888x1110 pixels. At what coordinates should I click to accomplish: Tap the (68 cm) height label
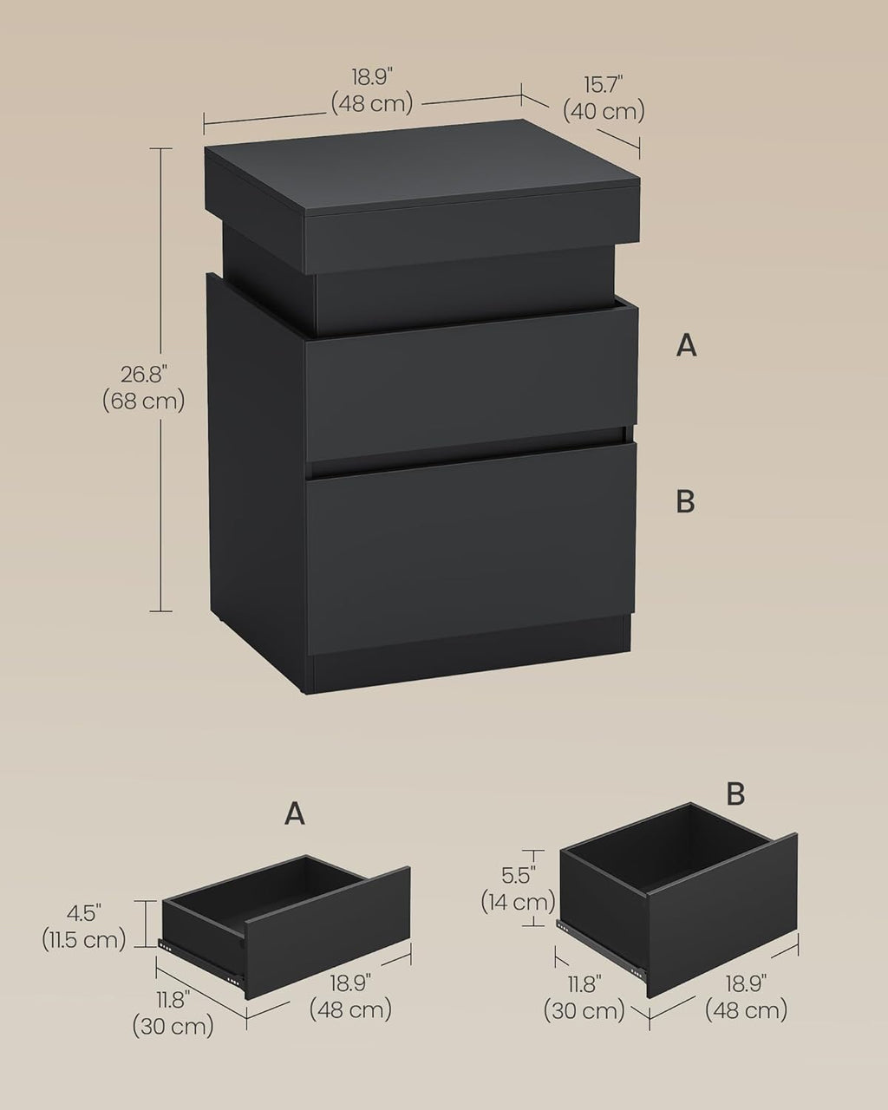coord(143,401)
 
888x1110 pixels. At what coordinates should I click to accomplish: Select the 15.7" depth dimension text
coord(603,85)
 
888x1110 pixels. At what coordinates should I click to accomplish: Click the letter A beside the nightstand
coord(686,345)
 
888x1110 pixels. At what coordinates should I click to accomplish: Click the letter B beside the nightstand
coord(686,501)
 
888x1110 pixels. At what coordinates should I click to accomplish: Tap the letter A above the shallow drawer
coord(294,814)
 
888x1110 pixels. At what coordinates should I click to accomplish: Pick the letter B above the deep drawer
coord(735,794)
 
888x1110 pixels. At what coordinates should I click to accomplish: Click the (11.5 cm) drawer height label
coord(84,940)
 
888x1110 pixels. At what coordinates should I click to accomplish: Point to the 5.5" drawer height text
coord(518,875)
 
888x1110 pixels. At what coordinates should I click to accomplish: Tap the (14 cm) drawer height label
coord(518,902)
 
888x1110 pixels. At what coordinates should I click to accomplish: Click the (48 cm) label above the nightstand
coord(372,104)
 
